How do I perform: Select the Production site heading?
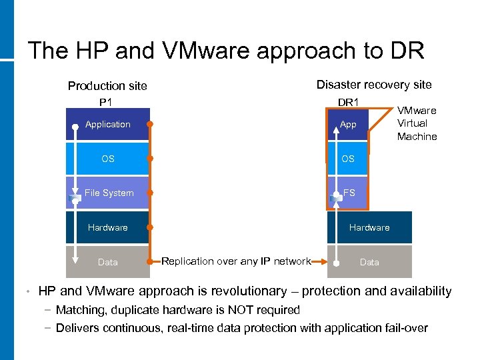tap(107, 86)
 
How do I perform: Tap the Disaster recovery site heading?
tap(374, 85)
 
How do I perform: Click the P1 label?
tap(105, 102)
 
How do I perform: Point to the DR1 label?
tap(348, 102)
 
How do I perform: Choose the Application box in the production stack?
tap(108, 125)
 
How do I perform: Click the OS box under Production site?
tap(108, 159)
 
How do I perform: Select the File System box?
tap(109, 193)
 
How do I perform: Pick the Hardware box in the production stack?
tap(108, 227)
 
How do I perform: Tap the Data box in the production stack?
tap(108, 262)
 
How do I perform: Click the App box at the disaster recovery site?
tap(348, 125)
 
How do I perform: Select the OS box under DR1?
tap(348, 159)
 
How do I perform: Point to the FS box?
tap(349, 193)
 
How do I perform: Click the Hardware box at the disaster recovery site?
tap(369, 227)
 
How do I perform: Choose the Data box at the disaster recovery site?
tap(369, 262)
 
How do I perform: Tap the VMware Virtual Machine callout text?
tap(417, 123)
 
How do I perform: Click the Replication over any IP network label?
tap(236, 261)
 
